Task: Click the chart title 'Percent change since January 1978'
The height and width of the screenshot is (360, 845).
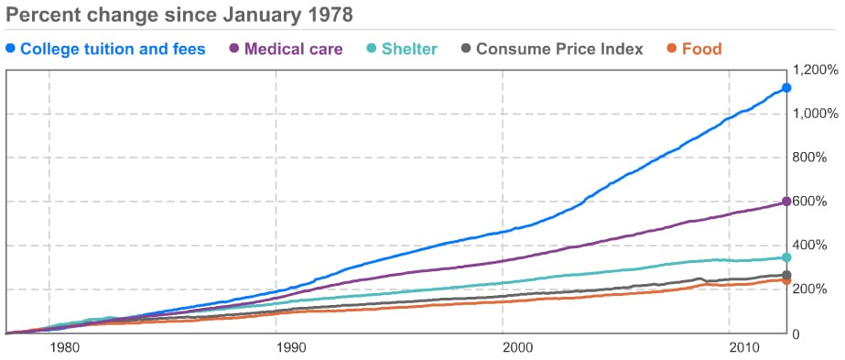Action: (x=179, y=16)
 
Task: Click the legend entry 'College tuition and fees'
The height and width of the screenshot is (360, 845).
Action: (x=113, y=49)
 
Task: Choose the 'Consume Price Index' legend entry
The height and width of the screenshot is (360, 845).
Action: (x=559, y=49)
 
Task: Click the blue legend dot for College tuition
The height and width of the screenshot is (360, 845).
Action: (x=10, y=49)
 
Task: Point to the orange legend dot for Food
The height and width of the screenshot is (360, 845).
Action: (x=672, y=49)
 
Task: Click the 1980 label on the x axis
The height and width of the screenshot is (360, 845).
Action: (x=63, y=348)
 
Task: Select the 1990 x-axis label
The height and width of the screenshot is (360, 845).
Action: (x=290, y=348)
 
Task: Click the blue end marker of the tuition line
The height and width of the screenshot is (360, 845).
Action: (x=786, y=88)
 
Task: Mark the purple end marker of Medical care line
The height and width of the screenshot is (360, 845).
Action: (x=786, y=202)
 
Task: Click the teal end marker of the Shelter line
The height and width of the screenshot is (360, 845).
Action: (x=786, y=258)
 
